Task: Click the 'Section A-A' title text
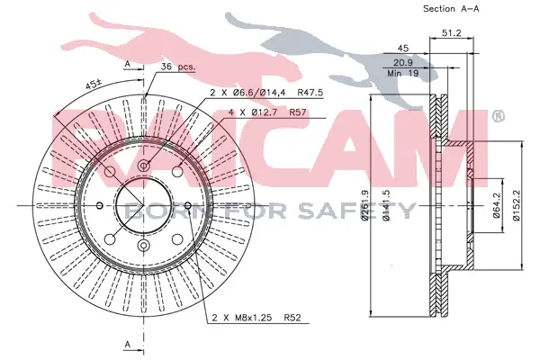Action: tap(451, 9)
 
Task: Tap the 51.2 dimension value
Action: tap(451, 33)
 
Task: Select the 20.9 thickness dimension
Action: tap(403, 63)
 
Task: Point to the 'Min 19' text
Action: tap(403, 73)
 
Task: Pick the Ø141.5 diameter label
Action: tap(386, 205)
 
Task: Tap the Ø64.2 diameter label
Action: tap(496, 205)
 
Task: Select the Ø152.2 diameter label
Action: tap(516, 205)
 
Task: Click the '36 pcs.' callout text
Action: tap(178, 67)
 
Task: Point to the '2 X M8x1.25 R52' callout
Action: tap(256, 318)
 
